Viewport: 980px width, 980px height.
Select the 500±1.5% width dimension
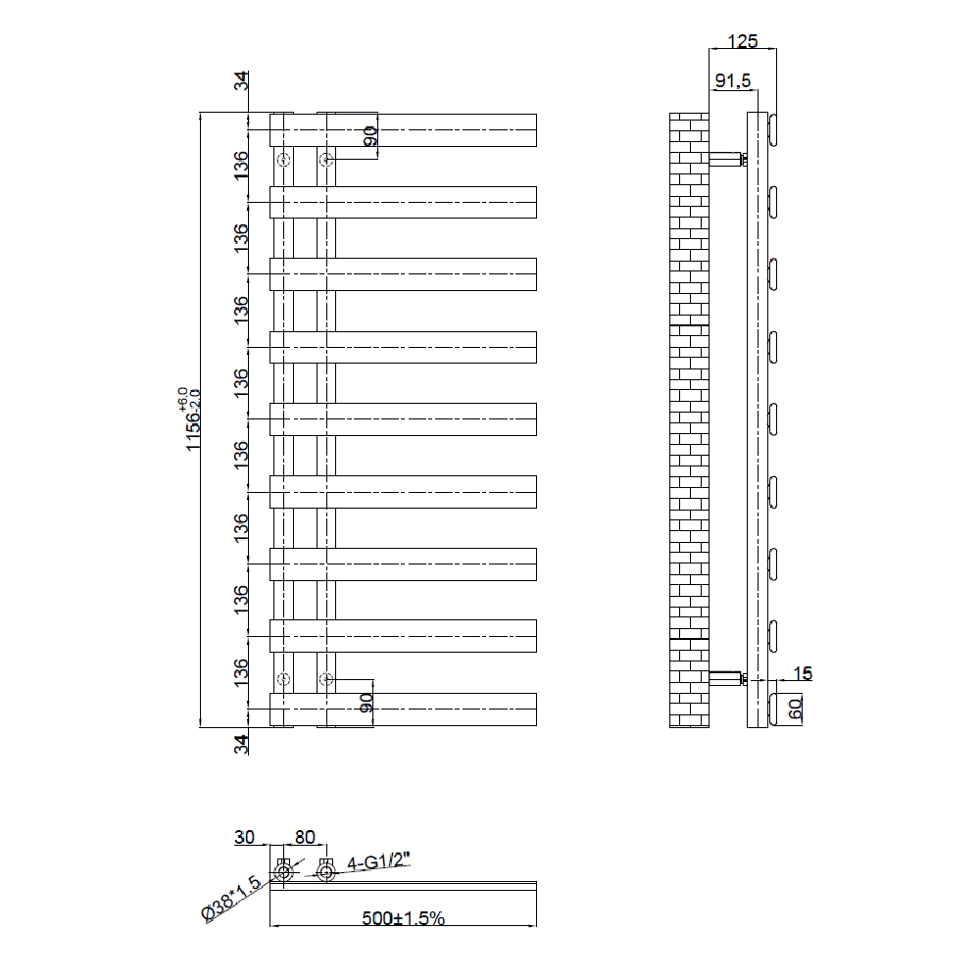[404, 918]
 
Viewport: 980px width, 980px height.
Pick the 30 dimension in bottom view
[244, 837]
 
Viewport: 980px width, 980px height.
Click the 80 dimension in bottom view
[305, 837]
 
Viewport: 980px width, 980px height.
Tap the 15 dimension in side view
[803, 673]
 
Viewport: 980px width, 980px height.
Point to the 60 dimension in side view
[796, 709]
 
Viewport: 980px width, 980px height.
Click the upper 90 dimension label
[369, 136]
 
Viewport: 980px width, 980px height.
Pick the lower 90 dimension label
[367, 703]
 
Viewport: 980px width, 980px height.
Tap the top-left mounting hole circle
[284, 160]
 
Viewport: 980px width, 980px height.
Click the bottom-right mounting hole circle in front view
[326, 678]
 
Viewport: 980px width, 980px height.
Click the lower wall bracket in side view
[726, 677]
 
